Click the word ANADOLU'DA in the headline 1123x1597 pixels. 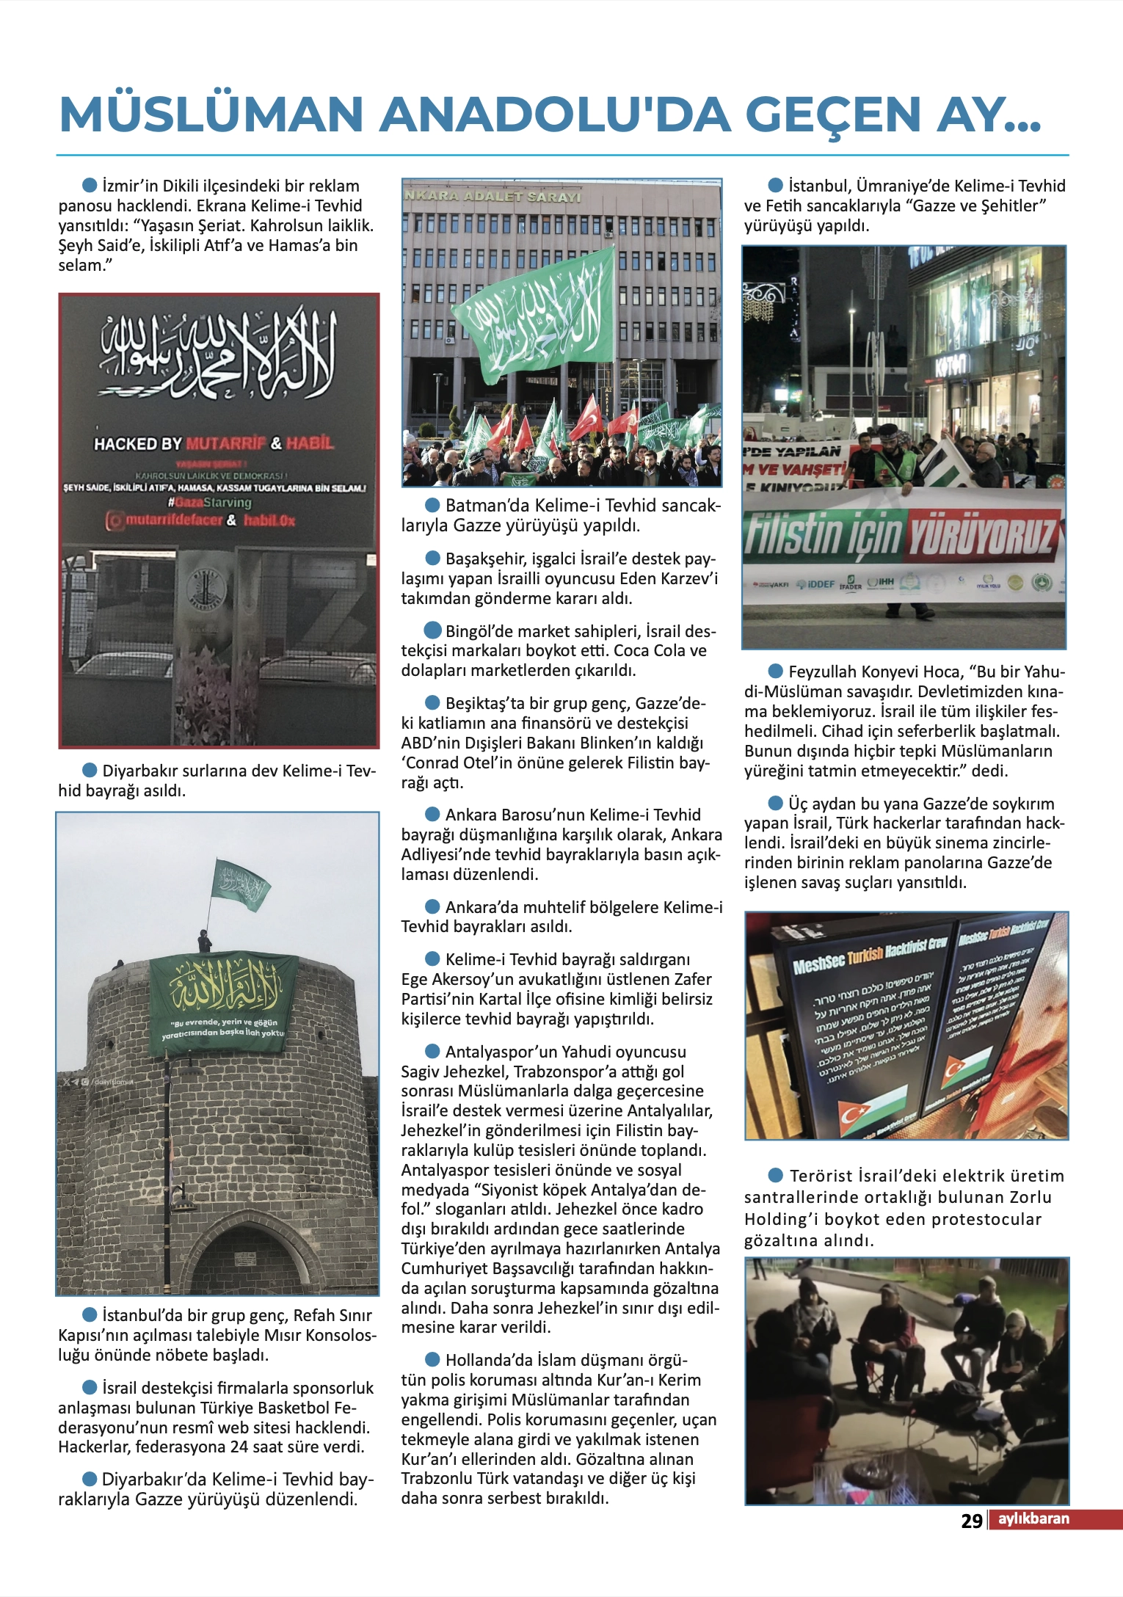555,115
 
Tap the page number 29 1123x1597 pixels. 971,1521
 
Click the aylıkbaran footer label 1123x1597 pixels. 1033,1518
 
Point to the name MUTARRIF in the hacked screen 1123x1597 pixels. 225,443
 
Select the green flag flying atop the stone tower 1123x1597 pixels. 240,884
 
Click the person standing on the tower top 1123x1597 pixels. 205,941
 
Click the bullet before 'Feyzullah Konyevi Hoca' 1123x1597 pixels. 775,671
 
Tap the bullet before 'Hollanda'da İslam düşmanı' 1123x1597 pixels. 432,1360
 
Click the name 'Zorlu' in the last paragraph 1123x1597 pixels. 1031,1197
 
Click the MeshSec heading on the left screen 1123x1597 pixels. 819,964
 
